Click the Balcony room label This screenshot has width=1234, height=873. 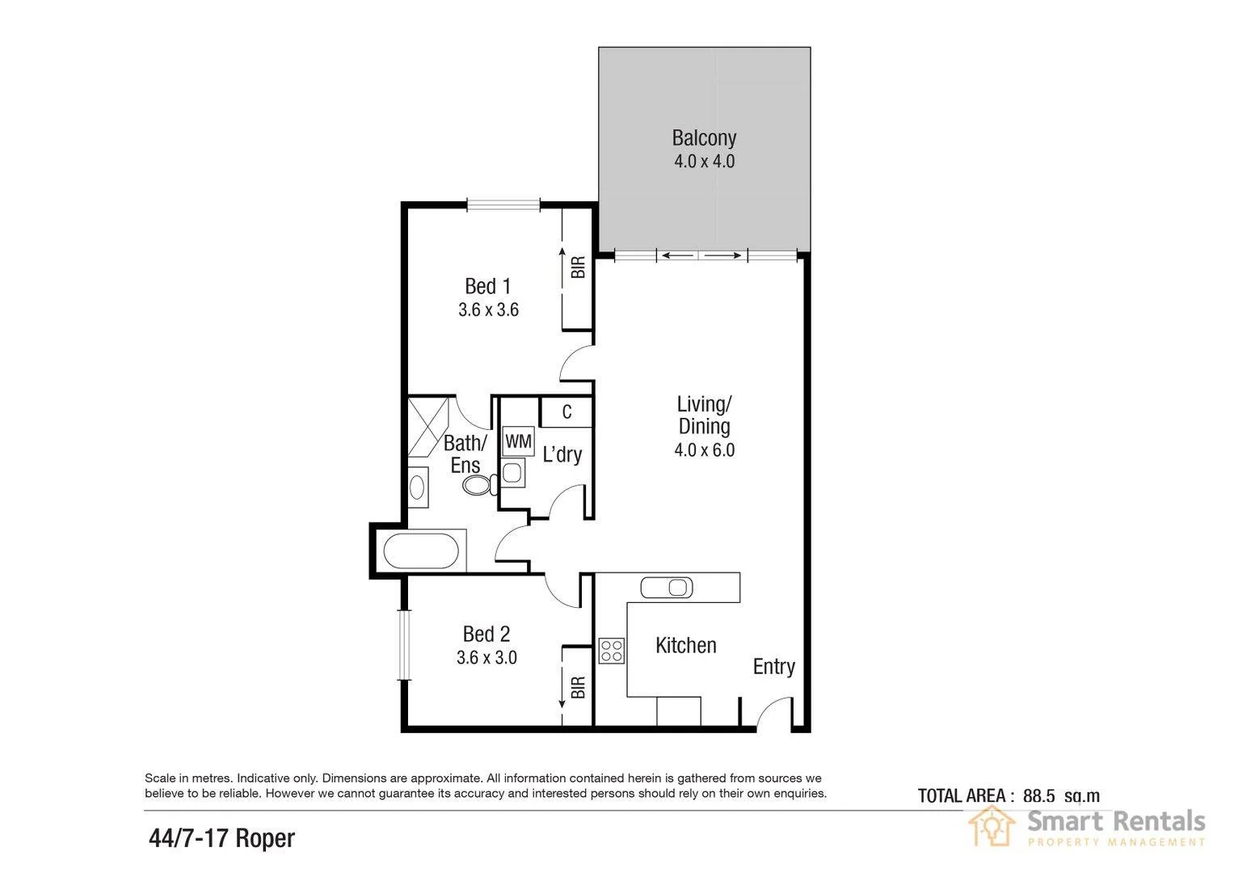(704, 137)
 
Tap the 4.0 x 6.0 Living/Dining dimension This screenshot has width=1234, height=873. (704, 450)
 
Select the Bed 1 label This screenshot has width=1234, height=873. (487, 286)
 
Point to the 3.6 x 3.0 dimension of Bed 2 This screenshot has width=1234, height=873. (486, 658)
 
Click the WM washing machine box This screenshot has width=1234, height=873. (518, 441)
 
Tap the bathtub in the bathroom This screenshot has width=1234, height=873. (420, 553)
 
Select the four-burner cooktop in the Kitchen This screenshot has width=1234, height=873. (611, 651)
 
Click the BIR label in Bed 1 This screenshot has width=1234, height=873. (578, 268)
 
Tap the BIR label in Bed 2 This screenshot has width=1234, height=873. (578, 688)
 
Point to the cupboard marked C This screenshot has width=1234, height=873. (566, 412)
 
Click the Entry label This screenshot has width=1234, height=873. (773, 667)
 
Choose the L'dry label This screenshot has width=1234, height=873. (562, 455)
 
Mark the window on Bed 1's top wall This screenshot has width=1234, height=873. (503, 205)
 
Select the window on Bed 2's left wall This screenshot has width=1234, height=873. (404, 644)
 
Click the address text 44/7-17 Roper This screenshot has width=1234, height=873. (222, 838)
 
